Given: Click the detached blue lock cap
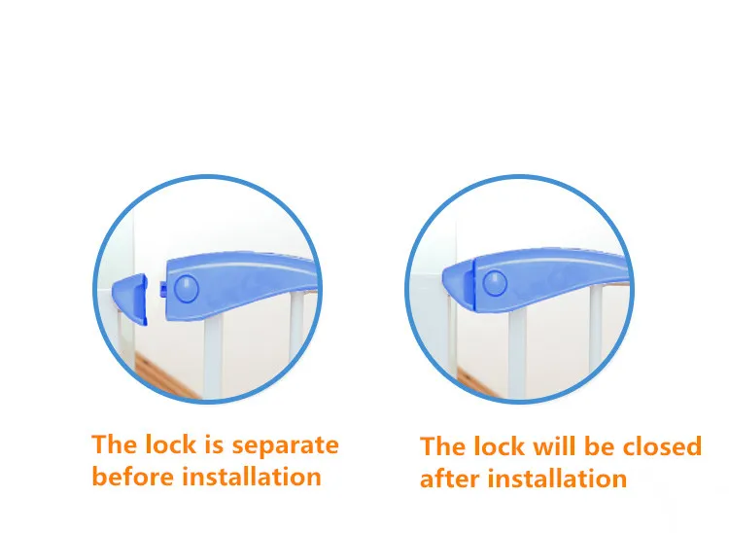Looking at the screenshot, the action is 130,299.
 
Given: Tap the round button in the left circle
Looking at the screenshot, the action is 187,288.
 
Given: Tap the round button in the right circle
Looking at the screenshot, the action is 495,283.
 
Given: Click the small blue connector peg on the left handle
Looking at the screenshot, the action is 163,289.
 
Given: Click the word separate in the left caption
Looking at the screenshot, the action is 285,445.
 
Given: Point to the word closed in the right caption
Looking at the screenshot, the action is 662,446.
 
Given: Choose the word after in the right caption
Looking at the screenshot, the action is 450,479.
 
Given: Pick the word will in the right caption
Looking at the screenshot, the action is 555,446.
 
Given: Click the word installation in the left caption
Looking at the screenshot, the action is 251,476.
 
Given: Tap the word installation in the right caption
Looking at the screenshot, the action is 557,479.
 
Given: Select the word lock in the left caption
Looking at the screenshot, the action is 171,444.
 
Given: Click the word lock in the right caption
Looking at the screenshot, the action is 500,446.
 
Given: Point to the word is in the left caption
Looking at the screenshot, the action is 214,444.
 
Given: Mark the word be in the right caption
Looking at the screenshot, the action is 600,446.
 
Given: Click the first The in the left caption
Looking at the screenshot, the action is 115,444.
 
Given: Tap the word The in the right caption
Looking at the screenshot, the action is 443,446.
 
